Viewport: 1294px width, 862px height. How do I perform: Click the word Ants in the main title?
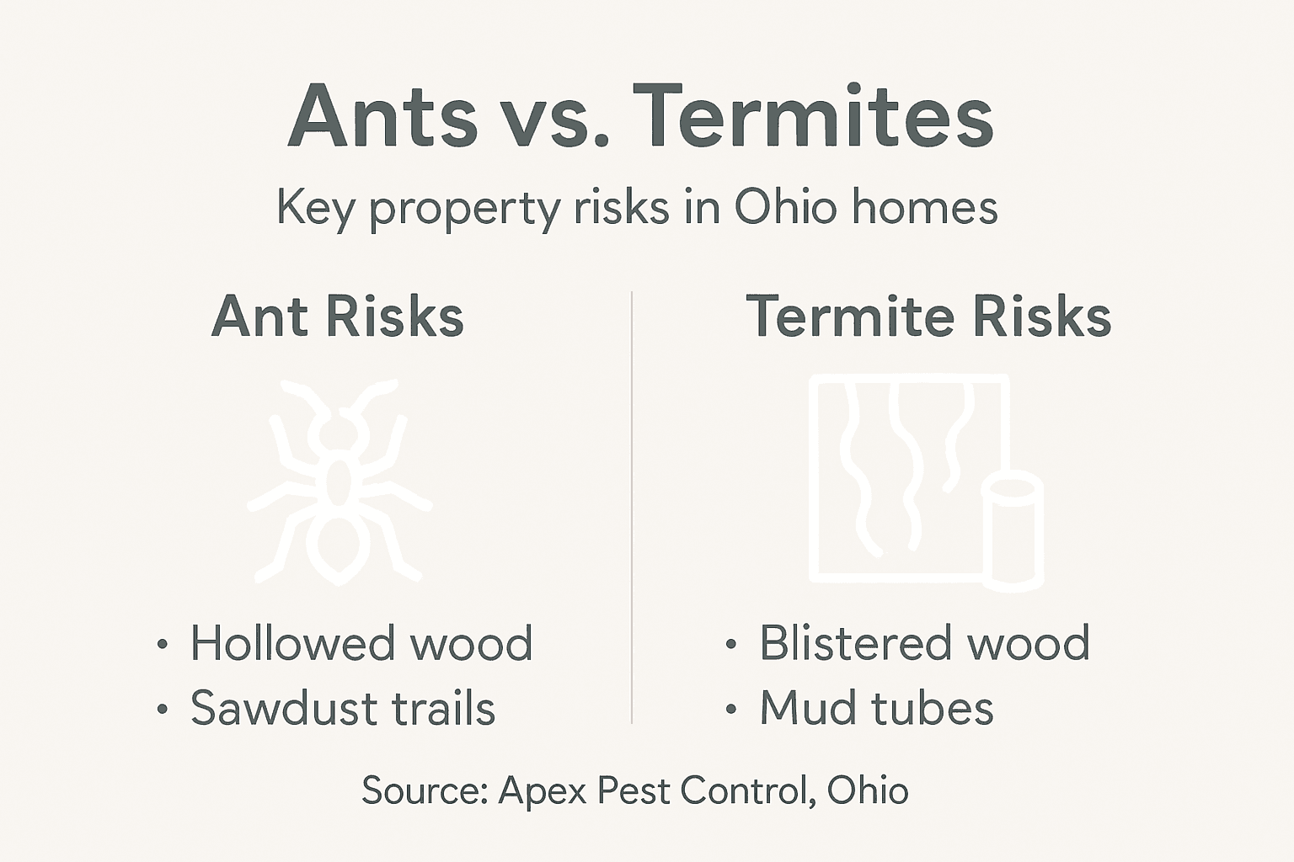tap(383, 117)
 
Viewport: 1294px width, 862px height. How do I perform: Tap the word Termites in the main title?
tap(813, 117)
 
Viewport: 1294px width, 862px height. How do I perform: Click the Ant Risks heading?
tap(337, 317)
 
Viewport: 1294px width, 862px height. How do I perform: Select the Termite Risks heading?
tap(928, 317)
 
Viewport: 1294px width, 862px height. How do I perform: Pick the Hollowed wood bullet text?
tap(361, 644)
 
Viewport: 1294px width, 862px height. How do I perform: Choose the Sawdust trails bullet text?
tap(342, 708)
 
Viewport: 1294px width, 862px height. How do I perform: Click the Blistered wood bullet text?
tap(924, 644)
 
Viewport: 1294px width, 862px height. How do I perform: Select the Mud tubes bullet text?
tap(876, 708)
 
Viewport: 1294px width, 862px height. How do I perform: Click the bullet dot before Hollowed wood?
tap(163, 646)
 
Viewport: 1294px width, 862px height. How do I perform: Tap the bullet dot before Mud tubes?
tap(731, 710)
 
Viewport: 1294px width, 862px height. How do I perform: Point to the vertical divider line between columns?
tap(632, 505)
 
